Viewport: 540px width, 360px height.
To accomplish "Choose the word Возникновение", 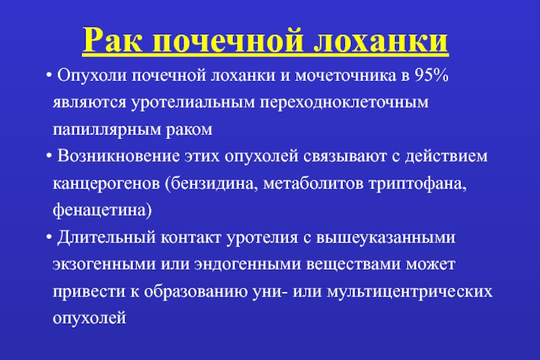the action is [x=118, y=156].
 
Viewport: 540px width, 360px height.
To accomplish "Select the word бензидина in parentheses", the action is [x=212, y=183].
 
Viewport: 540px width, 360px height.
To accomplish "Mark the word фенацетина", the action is [x=100, y=211].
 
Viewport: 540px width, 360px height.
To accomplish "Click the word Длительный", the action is [x=107, y=237].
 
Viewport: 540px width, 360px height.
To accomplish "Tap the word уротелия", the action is [x=262, y=238].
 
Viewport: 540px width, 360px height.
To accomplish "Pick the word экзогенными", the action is [x=105, y=265].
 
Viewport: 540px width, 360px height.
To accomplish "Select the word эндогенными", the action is [x=248, y=265].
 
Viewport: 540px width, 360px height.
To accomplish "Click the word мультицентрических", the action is [x=410, y=292].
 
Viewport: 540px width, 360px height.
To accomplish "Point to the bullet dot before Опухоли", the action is [x=49, y=76].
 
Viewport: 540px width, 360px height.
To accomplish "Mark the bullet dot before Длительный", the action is [x=49, y=237].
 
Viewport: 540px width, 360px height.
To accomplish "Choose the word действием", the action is [x=446, y=157].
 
